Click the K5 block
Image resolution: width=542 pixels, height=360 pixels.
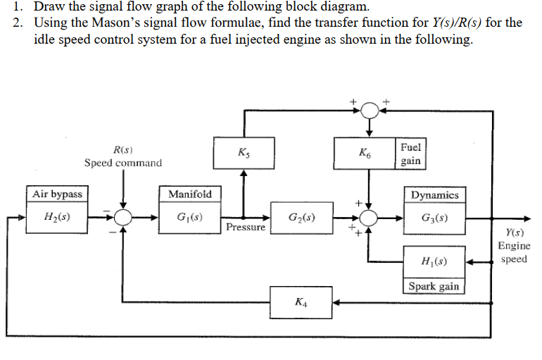pyautogui.click(x=244, y=153)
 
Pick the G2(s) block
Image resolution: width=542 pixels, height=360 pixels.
pyautogui.click(x=301, y=216)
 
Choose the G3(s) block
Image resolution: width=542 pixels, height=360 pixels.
pyautogui.click(x=434, y=216)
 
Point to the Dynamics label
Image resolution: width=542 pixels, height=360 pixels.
pyautogui.click(x=434, y=194)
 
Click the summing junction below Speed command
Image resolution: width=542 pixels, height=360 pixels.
pyautogui.click(x=124, y=217)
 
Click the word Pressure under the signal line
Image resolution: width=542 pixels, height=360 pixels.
pyautogui.click(x=246, y=228)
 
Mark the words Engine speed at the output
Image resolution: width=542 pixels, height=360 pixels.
pyautogui.click(x=514, y=252)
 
